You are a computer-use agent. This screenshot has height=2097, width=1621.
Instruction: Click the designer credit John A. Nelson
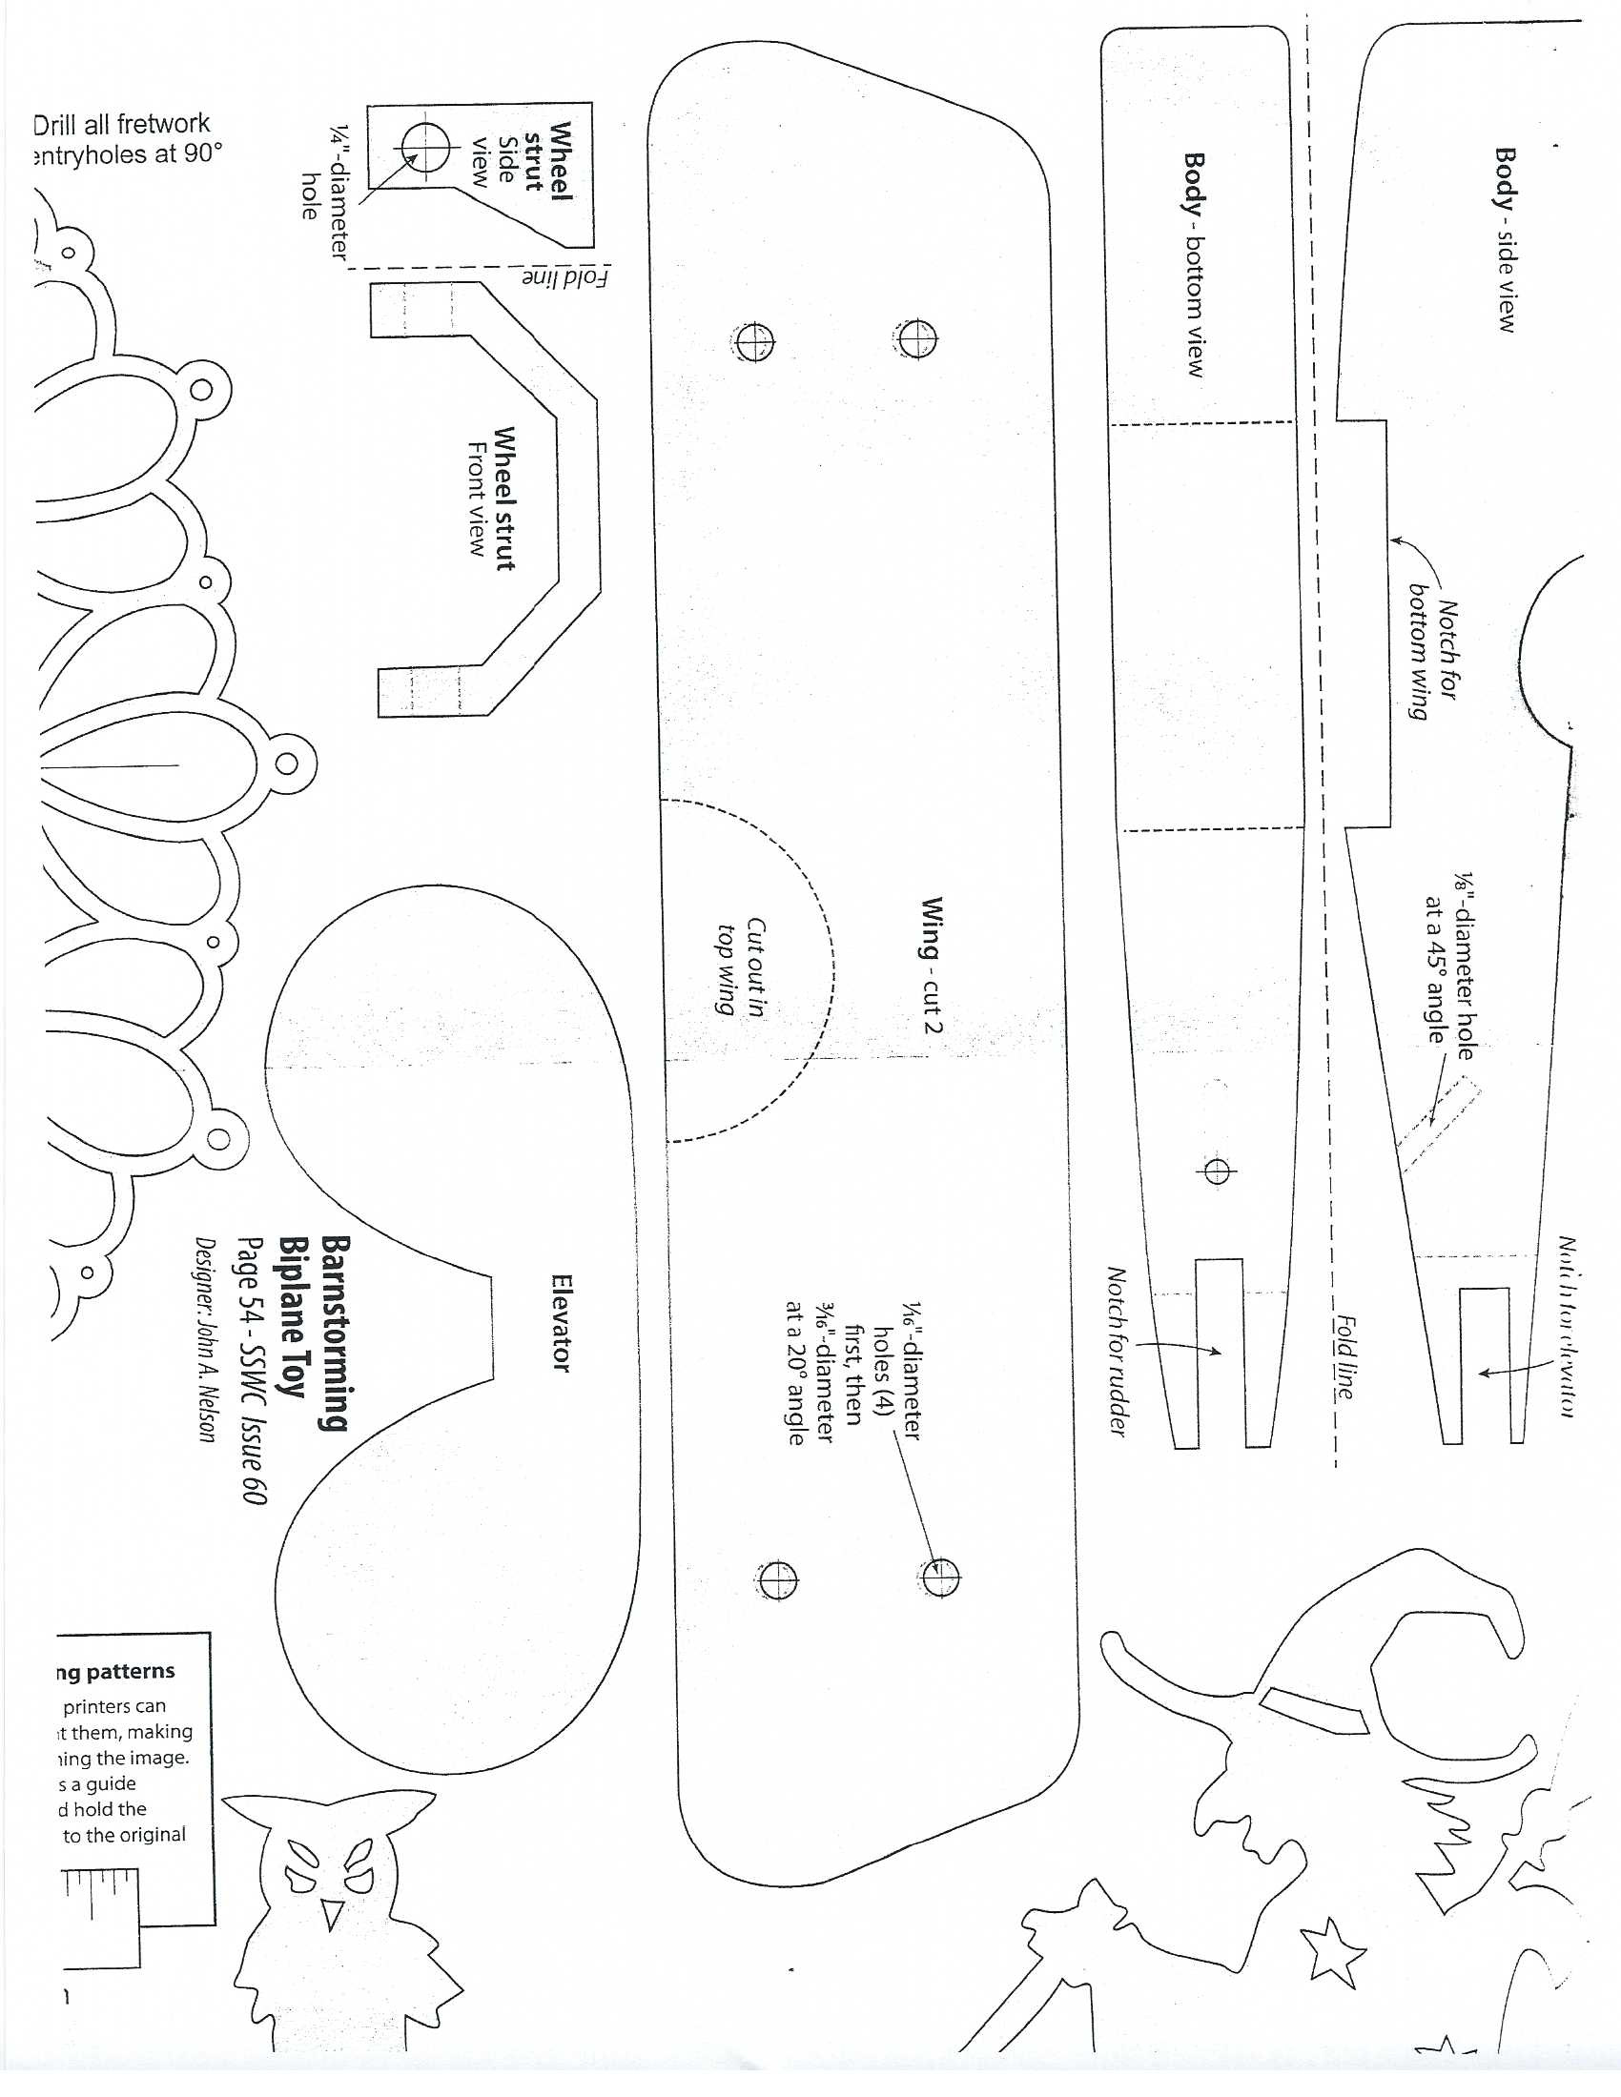click(x=205, y=1338)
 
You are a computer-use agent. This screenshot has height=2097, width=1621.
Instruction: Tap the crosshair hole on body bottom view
click(x=1217, y=1171)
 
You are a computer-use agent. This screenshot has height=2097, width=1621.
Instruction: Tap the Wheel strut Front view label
click(x=491, y=499)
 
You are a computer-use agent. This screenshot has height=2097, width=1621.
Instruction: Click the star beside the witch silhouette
click(x=1333, y=1950)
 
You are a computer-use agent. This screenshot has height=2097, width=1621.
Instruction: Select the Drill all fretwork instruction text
click(x=126, y=139)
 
